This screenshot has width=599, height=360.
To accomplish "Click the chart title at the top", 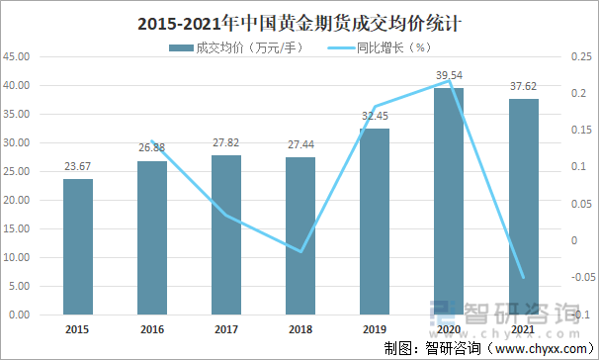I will (299, 20).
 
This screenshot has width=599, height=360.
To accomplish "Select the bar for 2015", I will (78, 247).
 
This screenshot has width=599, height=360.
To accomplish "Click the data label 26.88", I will (152, 148).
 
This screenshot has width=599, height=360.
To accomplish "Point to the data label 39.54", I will (449, 75).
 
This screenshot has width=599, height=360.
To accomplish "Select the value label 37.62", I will (523, 86).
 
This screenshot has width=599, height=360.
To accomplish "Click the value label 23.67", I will (78, 166).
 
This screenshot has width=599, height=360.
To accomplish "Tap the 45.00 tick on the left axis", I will (19, 57).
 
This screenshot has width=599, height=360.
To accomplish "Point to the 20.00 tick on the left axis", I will (19, 201).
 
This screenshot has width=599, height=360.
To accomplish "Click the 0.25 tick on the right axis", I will (579, 57).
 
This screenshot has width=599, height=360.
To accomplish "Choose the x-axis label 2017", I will (226, 329).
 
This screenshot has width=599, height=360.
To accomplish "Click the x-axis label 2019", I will (375, 329).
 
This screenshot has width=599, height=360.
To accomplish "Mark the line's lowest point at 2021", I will (523, 278).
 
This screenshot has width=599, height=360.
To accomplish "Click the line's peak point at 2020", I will (449, 82).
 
